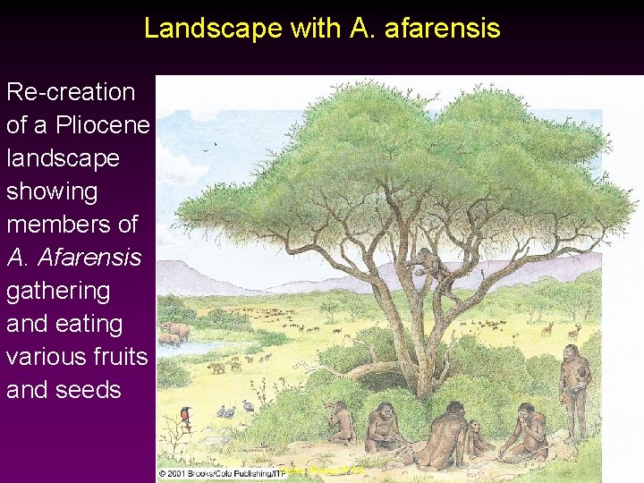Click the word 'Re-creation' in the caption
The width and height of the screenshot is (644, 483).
71,92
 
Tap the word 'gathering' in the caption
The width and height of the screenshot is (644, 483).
58,291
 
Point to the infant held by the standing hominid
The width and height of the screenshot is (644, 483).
582,376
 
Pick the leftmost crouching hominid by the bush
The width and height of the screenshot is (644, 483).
339,422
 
